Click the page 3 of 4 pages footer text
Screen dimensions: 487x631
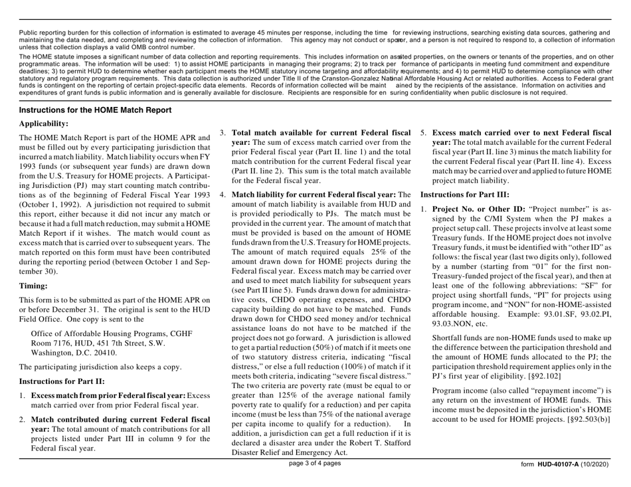315,480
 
